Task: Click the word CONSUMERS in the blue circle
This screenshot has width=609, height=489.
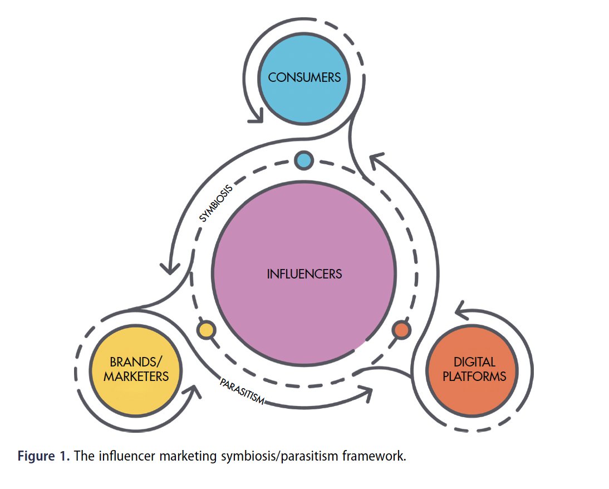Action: pyautogui.click(x=304, y=77)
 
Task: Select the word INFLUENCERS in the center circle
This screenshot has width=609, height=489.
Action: pyautogui.click(x=304, y=274)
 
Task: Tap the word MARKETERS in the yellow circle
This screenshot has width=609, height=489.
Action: pyautogui.click(x=136, y=376)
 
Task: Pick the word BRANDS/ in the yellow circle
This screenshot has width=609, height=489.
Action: pyautogui.click(x=136, y=361)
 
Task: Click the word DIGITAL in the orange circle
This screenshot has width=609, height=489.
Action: pyautogui.click(x=474, y=362)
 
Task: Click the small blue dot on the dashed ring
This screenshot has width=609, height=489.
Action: pyautogui.click(x=304, y=160)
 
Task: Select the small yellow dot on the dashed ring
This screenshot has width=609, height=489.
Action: pyautogui.click(x=206, y=330)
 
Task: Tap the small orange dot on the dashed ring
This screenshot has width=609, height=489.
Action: pyautogui.click(x=401, y=330)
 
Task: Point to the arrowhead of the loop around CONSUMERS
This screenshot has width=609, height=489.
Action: pyautogui.click(x=257, y=116)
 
